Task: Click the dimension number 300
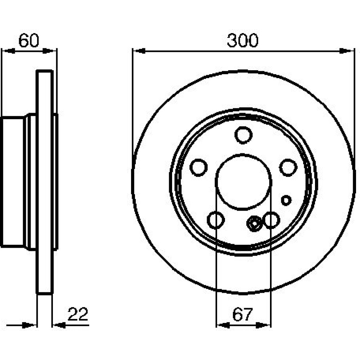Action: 243,41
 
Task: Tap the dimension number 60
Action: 29,41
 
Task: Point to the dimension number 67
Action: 242,315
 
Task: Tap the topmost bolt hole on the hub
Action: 243,135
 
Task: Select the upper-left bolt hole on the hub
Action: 199,168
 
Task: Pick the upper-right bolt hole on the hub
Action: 288,168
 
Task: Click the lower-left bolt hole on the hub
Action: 216,220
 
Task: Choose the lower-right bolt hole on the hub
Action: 271,220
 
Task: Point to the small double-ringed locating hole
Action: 254,224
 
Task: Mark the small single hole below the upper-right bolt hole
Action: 286,200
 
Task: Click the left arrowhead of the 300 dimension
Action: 139,51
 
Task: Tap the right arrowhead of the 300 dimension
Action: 345,51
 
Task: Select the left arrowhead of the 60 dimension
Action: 9,51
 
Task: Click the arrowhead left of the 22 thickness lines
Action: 30,325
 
